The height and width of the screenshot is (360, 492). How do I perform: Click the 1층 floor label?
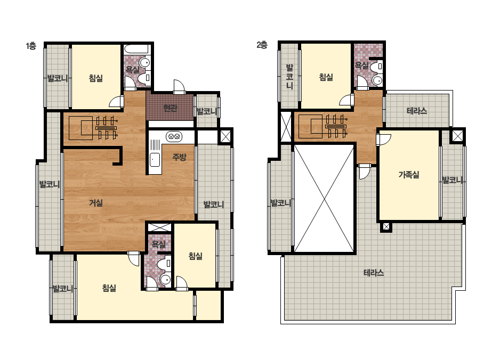click(x=31, y=46)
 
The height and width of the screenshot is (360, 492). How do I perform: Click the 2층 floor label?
click(x=262, y=45)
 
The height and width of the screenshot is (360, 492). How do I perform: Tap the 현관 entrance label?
click(x=171, y=108)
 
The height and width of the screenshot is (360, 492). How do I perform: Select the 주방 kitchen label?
click(x=180, y=157)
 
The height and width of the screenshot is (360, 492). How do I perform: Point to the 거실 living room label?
click(x=96, y=203)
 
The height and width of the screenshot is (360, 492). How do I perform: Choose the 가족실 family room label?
click(x=409, y=174)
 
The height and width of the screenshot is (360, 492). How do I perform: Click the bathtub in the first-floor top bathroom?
click(x=136, y=50)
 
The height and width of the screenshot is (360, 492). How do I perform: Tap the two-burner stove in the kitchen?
click(x=174, y=136)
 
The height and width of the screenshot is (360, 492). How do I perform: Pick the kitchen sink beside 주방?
click(x=155, y=160)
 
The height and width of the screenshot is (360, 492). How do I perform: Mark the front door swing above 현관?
click(x=179, y=87)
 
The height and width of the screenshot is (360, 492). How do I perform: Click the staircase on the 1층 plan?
click(x=93, y=128)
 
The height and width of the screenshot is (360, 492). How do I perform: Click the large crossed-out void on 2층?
click(x=324, y=198)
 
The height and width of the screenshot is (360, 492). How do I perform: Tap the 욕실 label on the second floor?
click(x=362, y=66)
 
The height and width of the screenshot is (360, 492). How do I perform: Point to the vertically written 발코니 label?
click(x=289, y=77)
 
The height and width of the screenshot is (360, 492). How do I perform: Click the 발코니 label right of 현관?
click(x=206, y=111)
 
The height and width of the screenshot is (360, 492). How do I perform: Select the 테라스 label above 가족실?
click(x=417, y=111)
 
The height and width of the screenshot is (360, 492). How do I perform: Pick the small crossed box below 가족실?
click(x=386, y=226)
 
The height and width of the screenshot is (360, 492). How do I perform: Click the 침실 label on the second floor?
click(x=326, y=77)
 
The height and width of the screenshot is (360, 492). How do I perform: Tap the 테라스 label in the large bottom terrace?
click(x=374, y=273)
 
